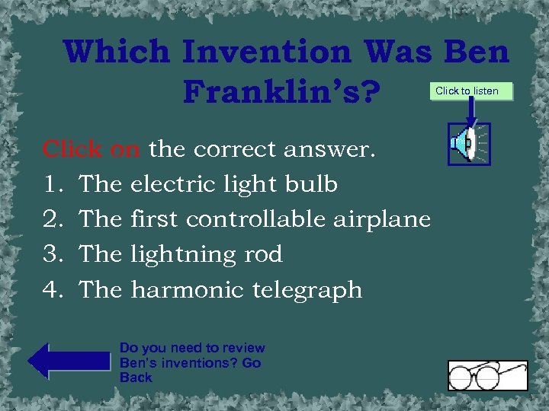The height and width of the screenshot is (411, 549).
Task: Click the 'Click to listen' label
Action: coord(467,91)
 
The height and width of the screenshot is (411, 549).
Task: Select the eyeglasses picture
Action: coord(487,375)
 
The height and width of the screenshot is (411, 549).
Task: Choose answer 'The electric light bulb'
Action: coord(208,184)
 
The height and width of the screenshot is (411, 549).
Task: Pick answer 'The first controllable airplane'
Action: coord(255,219)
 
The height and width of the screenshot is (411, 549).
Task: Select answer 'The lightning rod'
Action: coord(181,254)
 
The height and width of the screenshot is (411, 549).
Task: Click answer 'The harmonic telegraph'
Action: coord(220,289)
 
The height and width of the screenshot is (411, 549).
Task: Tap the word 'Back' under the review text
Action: coord(136,378)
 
